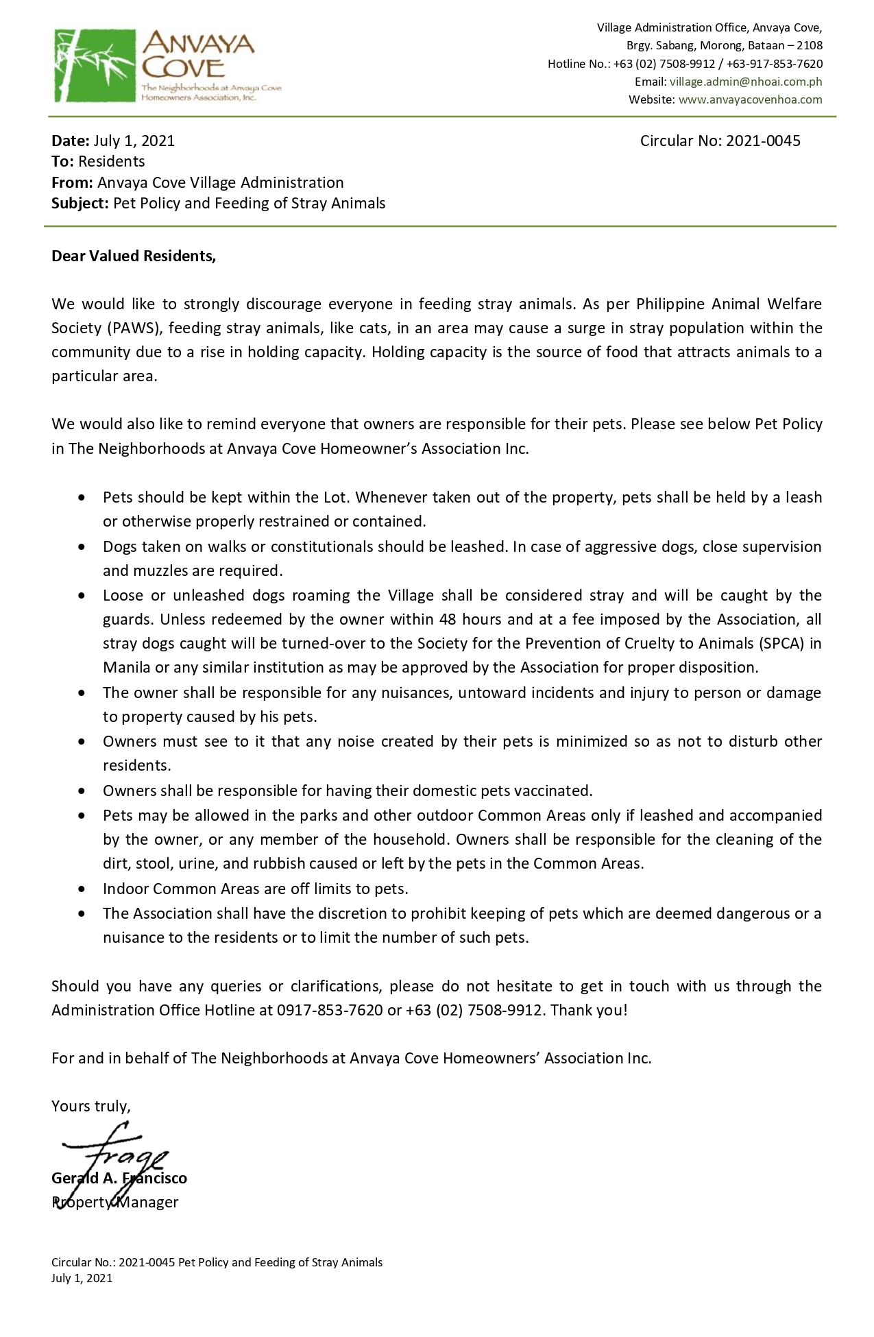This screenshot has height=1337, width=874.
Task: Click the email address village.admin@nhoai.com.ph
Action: (746, 82)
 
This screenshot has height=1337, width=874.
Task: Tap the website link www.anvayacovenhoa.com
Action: (750, 99)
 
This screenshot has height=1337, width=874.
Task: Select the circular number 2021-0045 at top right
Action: (763, 141)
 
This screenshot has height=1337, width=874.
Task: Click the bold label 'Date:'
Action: (71, 141)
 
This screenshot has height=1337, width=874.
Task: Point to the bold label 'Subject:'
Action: (80, 203)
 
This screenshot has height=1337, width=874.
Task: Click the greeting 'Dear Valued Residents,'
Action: (134, 256)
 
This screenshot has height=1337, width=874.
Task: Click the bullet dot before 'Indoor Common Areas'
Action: (83, 889)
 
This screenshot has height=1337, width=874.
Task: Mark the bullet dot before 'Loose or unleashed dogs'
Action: (83, 596)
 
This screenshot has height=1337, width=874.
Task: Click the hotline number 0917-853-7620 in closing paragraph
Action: (330, 1010)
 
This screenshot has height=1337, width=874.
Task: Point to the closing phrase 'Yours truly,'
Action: (90, 1106)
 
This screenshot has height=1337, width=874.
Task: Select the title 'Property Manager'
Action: (115, 1202)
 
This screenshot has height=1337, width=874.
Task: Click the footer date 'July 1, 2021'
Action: (82, 1278)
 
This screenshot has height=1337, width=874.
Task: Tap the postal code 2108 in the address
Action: (809, 45)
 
